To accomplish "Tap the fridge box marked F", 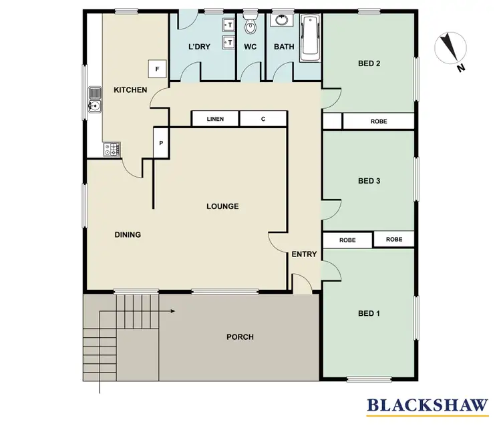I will (x=157, y=69).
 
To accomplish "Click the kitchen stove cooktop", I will (x=111, y=150).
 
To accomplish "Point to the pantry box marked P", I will (x=160, y=143).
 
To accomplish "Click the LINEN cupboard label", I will (x=215, y=120).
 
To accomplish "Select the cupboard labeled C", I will (x=263, y=120).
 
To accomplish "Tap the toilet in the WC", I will (x=251, y=25).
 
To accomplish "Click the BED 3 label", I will (x=369, y=181).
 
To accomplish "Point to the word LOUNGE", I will (x=222, y=206).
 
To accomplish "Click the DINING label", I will (x=127, y=234).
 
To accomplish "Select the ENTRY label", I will (x=304, y=254).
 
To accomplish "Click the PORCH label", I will (x=240, y=337).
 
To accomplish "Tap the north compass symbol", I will (x=450, y=48).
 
